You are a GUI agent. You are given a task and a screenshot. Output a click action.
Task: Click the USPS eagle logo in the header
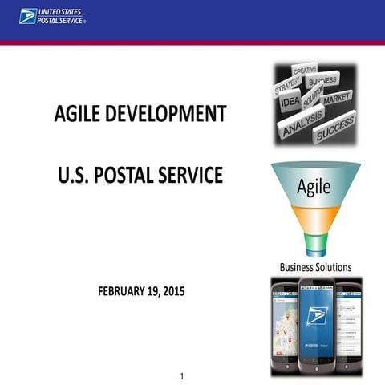27,16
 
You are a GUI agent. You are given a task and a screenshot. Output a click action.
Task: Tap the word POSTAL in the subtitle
131,174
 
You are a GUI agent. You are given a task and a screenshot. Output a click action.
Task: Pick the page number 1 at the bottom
183,376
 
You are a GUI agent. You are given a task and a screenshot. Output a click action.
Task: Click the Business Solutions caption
315,267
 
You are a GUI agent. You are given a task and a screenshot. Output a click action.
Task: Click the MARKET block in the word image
338,97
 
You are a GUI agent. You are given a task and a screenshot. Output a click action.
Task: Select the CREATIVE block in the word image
305,71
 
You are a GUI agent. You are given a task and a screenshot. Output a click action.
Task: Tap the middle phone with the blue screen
315,325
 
